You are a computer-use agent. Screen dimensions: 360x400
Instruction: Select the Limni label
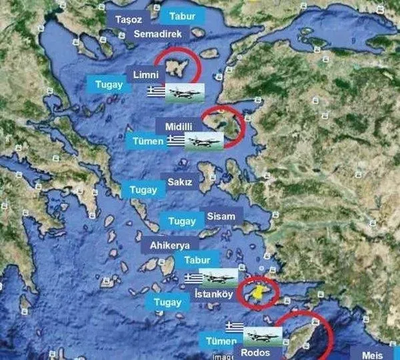tap(145, 74)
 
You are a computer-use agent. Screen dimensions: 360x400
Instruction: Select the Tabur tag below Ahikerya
tap(197, 260)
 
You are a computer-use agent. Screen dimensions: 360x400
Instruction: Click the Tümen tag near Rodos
tap(221, 341)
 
